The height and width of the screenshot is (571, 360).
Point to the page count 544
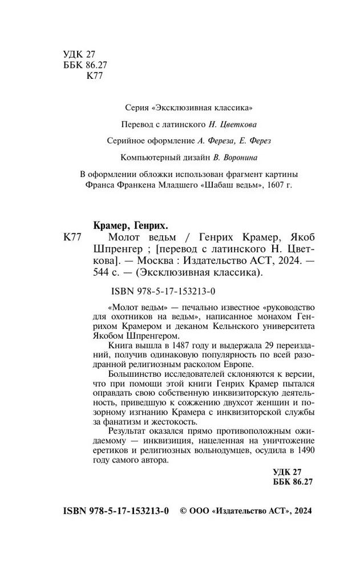[101, 272]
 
